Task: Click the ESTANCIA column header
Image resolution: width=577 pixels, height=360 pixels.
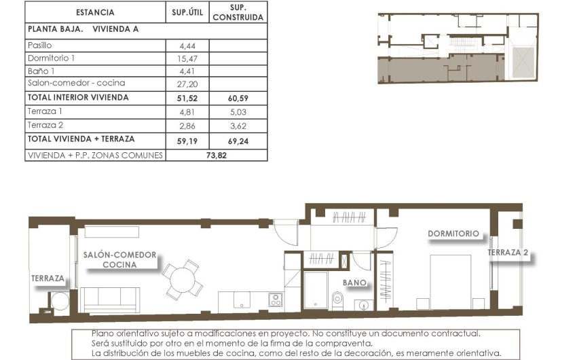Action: (95, 12)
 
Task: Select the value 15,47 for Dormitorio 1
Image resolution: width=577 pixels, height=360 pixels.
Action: (187, 58)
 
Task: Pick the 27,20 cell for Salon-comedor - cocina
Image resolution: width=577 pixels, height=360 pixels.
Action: (187, 84)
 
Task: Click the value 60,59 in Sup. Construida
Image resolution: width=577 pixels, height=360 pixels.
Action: (238, 98)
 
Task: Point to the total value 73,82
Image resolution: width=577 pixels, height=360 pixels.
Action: (216, 155)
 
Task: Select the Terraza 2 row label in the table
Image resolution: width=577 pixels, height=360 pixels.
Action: (45, 125)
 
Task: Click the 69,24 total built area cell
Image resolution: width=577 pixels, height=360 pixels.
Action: (238, 139)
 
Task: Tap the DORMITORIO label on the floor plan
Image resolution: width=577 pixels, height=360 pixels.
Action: (453, 234)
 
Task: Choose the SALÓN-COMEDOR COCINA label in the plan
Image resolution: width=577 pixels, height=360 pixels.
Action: (119, 259)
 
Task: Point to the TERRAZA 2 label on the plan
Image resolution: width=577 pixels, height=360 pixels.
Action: (508, 253)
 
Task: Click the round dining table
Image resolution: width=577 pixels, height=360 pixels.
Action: (182, 278)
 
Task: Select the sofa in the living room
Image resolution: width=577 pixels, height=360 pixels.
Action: (110, 299)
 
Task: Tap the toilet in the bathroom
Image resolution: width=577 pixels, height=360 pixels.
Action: (337, 299)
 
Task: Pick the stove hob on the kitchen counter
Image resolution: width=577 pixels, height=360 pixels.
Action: (276, 300)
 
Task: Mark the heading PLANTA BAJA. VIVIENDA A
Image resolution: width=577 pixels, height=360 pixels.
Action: (83, 30)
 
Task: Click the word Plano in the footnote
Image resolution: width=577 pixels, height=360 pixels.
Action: (103, 334)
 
